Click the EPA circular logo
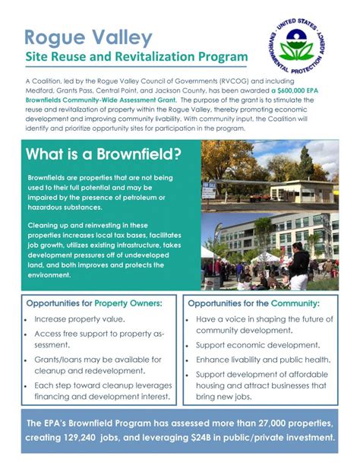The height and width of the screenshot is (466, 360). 297,46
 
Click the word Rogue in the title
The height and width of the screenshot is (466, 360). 55,38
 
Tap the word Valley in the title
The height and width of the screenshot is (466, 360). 122,38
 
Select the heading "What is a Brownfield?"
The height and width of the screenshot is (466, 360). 103,154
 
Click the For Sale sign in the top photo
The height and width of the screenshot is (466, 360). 209,190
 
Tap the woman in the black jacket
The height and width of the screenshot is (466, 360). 298,266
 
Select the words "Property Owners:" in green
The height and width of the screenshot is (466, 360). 128,303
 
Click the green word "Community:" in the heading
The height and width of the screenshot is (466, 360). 295,303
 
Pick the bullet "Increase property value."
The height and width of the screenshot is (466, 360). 80,319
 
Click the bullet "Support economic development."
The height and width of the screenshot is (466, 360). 257,345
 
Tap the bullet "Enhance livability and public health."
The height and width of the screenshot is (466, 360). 264,360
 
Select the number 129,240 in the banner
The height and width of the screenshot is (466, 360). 79,437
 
